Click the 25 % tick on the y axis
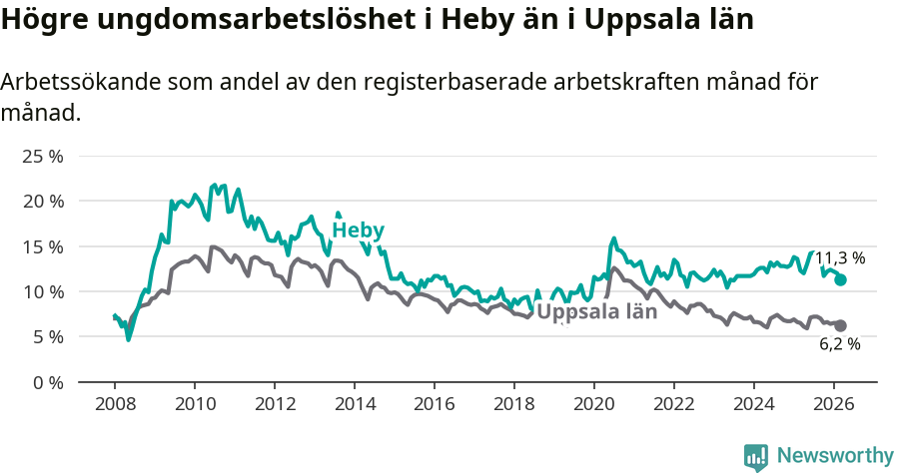click(x=43, y=156)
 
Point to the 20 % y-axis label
click(x=43, y=201)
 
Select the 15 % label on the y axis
click(x=43, y=246)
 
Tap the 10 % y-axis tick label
click(x=43, y=291)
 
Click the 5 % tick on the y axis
click(x=47, y=337)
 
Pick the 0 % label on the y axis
click(x=47, y=382)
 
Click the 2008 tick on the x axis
click(x=115, y=404)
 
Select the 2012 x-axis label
click(x=275, y=404)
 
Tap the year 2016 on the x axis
click(x=435, y=404)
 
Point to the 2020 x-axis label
click(x=594, y=404)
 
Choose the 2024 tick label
click(x=754, y=404)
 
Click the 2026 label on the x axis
click(x=834, y=404)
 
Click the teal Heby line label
click(x=358, y=231)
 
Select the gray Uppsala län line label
click(x=596, y=311)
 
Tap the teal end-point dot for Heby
click(x=841, y=280)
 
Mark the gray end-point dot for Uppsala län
click(x=841, y=325)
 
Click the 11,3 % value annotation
click(x=840, y=258)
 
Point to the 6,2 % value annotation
click(x=840, y=344)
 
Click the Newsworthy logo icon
click(x=756, y=457)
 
